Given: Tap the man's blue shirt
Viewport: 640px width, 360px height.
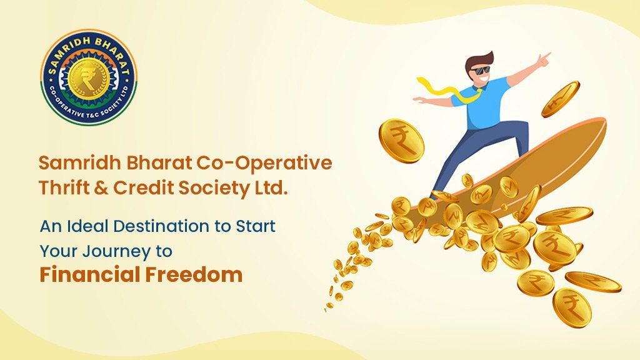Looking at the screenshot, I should [490, 106].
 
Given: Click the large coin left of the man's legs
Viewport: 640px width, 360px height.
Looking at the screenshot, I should [401, 141].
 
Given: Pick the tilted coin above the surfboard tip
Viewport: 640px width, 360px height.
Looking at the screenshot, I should [560, 99].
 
